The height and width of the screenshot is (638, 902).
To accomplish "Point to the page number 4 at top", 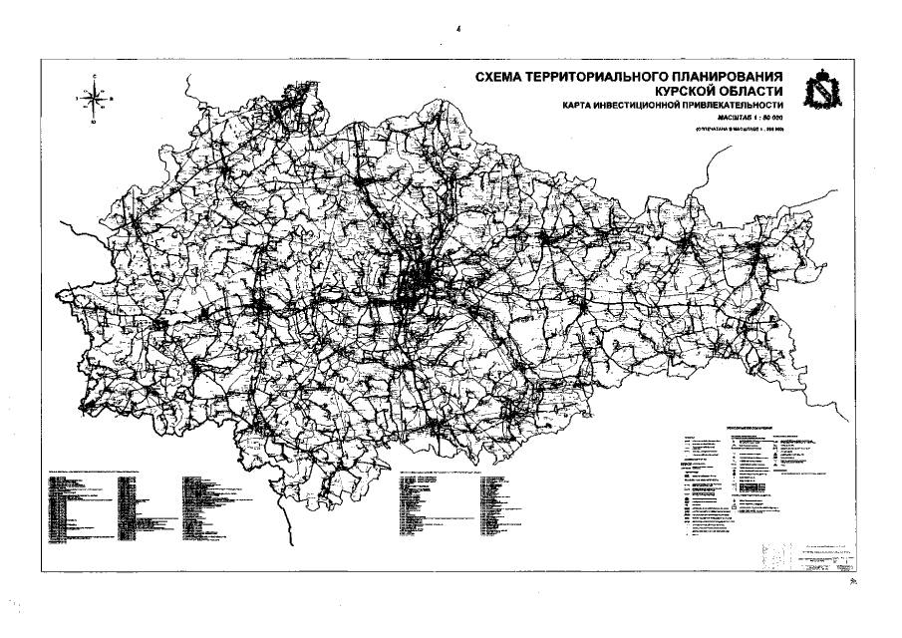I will click(457, 30).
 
